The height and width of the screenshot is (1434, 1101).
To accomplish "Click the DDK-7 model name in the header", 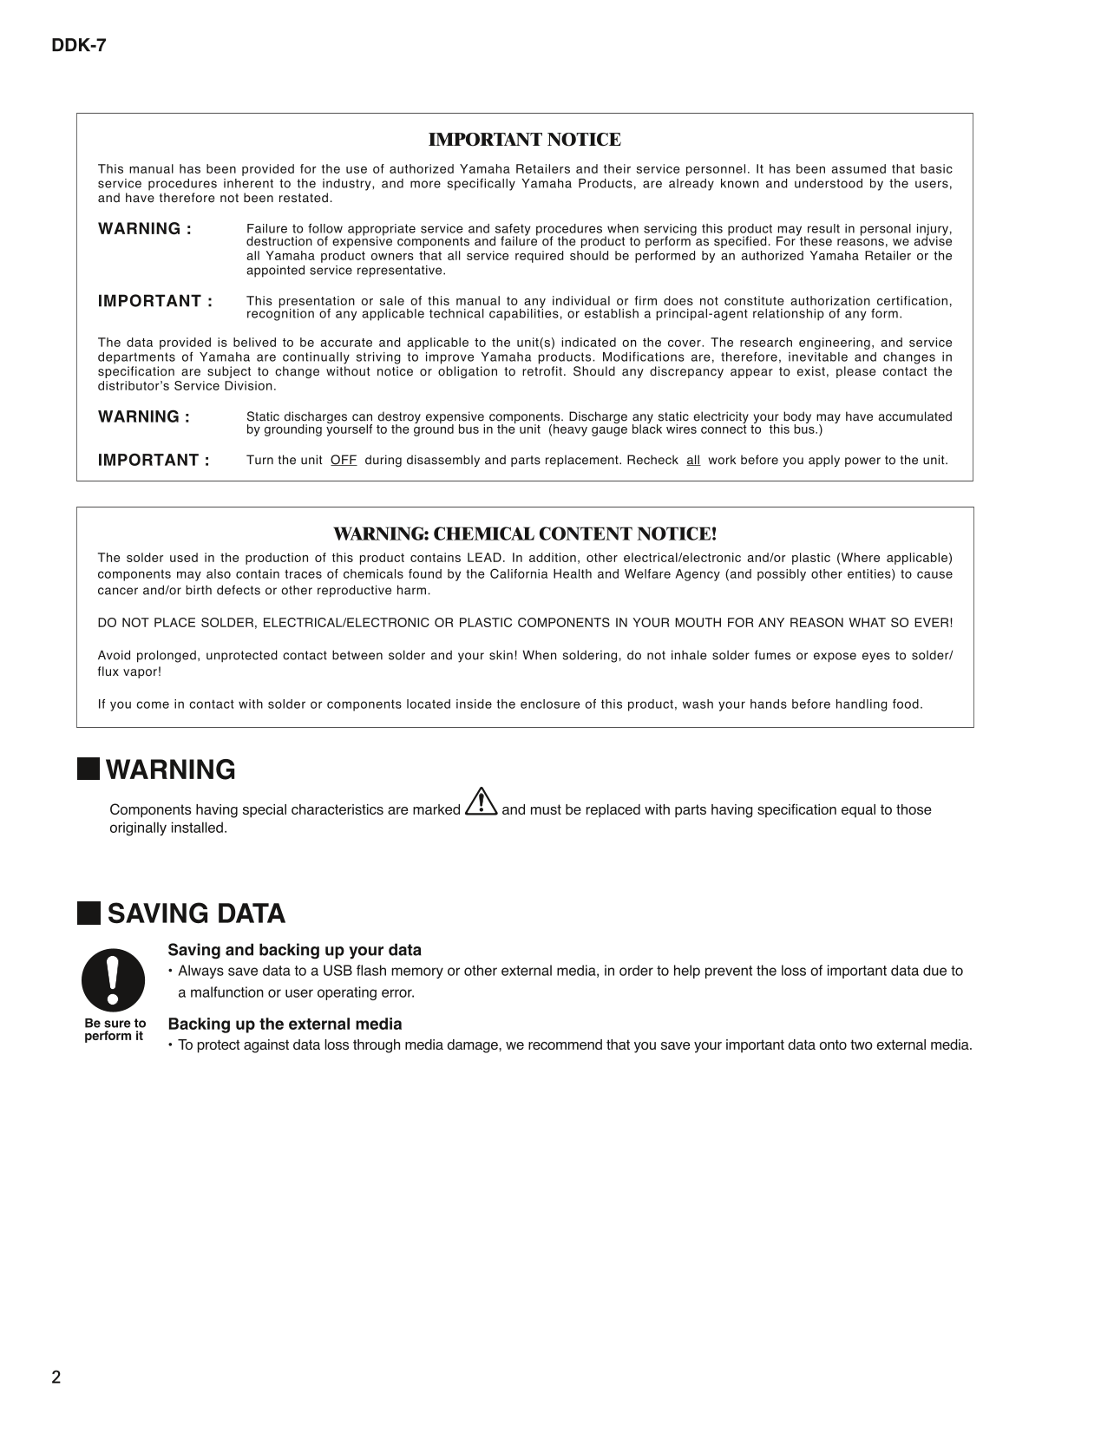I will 78,46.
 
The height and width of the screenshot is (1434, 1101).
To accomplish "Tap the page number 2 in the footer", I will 56,1378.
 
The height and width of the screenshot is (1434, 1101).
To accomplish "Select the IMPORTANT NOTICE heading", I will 525,140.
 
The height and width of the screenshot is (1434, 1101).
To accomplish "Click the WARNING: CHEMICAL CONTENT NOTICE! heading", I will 525,534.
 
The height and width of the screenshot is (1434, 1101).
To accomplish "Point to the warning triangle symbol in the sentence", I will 481,802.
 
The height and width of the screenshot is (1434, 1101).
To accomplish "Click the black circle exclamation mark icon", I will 113,979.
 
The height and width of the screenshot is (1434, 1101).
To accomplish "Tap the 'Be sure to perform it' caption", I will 115,1030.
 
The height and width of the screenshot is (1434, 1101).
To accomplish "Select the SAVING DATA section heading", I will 196,913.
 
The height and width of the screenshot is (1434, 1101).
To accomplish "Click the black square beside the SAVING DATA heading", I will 88,913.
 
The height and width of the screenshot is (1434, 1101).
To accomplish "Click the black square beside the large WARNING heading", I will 88,769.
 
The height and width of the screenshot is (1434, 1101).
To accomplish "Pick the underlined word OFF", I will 344,461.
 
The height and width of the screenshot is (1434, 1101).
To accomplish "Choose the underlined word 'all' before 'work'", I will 693,461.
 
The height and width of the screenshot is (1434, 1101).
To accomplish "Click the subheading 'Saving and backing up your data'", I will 294,950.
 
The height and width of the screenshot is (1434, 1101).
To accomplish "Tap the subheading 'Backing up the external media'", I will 285,1024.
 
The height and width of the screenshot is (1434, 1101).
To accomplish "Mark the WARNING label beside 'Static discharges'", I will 144,417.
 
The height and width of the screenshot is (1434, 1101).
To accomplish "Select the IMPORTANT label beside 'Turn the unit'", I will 154,461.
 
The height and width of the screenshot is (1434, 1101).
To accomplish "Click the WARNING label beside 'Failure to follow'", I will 144,229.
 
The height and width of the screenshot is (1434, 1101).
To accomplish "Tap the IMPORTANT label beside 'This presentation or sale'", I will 154,302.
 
